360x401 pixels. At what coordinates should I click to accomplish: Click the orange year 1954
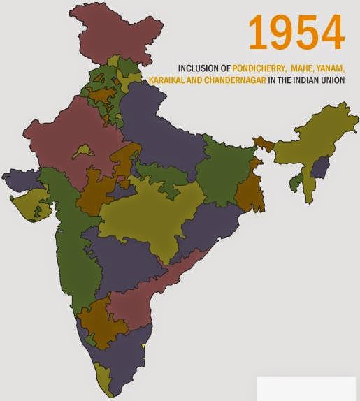point(296,33)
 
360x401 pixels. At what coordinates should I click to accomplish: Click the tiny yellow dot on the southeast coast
point(144,346)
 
